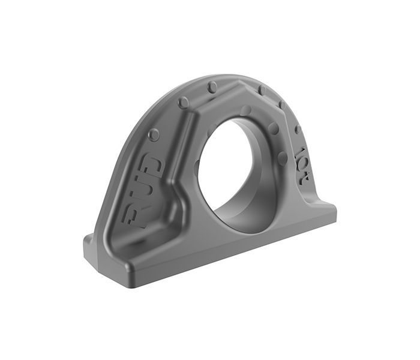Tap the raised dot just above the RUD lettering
pyautogui.click(x=154, y=134)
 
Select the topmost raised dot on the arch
pyautogui.click(x=212, y=88)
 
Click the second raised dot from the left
pyautogui.click(x=183, y=103)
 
